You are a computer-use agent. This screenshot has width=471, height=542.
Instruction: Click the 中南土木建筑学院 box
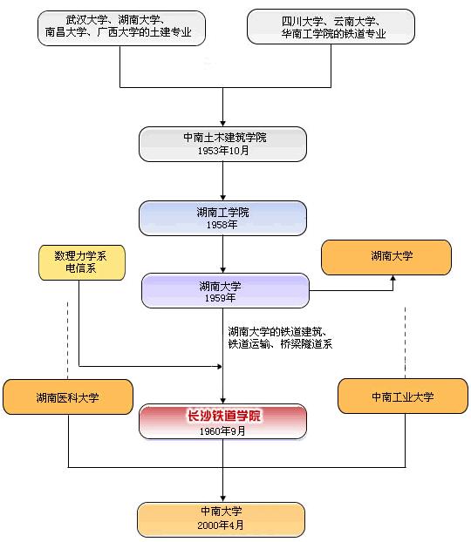coord(222,144)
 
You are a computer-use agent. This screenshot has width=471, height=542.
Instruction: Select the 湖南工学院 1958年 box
coord(222,218)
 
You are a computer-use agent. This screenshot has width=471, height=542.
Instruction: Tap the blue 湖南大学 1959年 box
coord(225,290)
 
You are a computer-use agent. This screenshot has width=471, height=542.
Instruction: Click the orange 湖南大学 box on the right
coord(386,257)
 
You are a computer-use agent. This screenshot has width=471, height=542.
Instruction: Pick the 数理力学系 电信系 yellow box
coord(82,262)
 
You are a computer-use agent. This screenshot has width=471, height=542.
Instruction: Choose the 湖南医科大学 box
coord(68,396)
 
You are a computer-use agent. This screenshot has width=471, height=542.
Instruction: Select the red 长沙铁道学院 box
coord(222,421)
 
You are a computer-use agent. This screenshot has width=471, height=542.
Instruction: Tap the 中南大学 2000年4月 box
coord(221,518)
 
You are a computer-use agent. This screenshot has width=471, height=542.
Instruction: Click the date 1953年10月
coord(222,151)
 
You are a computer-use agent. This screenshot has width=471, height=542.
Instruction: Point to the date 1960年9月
coord(222,430)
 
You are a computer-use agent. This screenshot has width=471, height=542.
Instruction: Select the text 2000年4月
coord(221,525)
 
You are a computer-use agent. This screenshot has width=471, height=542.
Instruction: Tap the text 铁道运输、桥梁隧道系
coord(279,344)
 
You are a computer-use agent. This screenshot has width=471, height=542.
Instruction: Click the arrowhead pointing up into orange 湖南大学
coord(392,279)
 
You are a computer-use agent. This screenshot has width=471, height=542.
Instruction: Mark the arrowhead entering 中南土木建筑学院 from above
coord(223,123)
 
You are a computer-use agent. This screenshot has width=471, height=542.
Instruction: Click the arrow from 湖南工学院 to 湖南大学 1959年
coord(223,254)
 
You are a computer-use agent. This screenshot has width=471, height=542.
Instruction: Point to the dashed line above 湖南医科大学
coord(68,340)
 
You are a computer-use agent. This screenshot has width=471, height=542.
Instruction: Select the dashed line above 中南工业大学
coord(406,340)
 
